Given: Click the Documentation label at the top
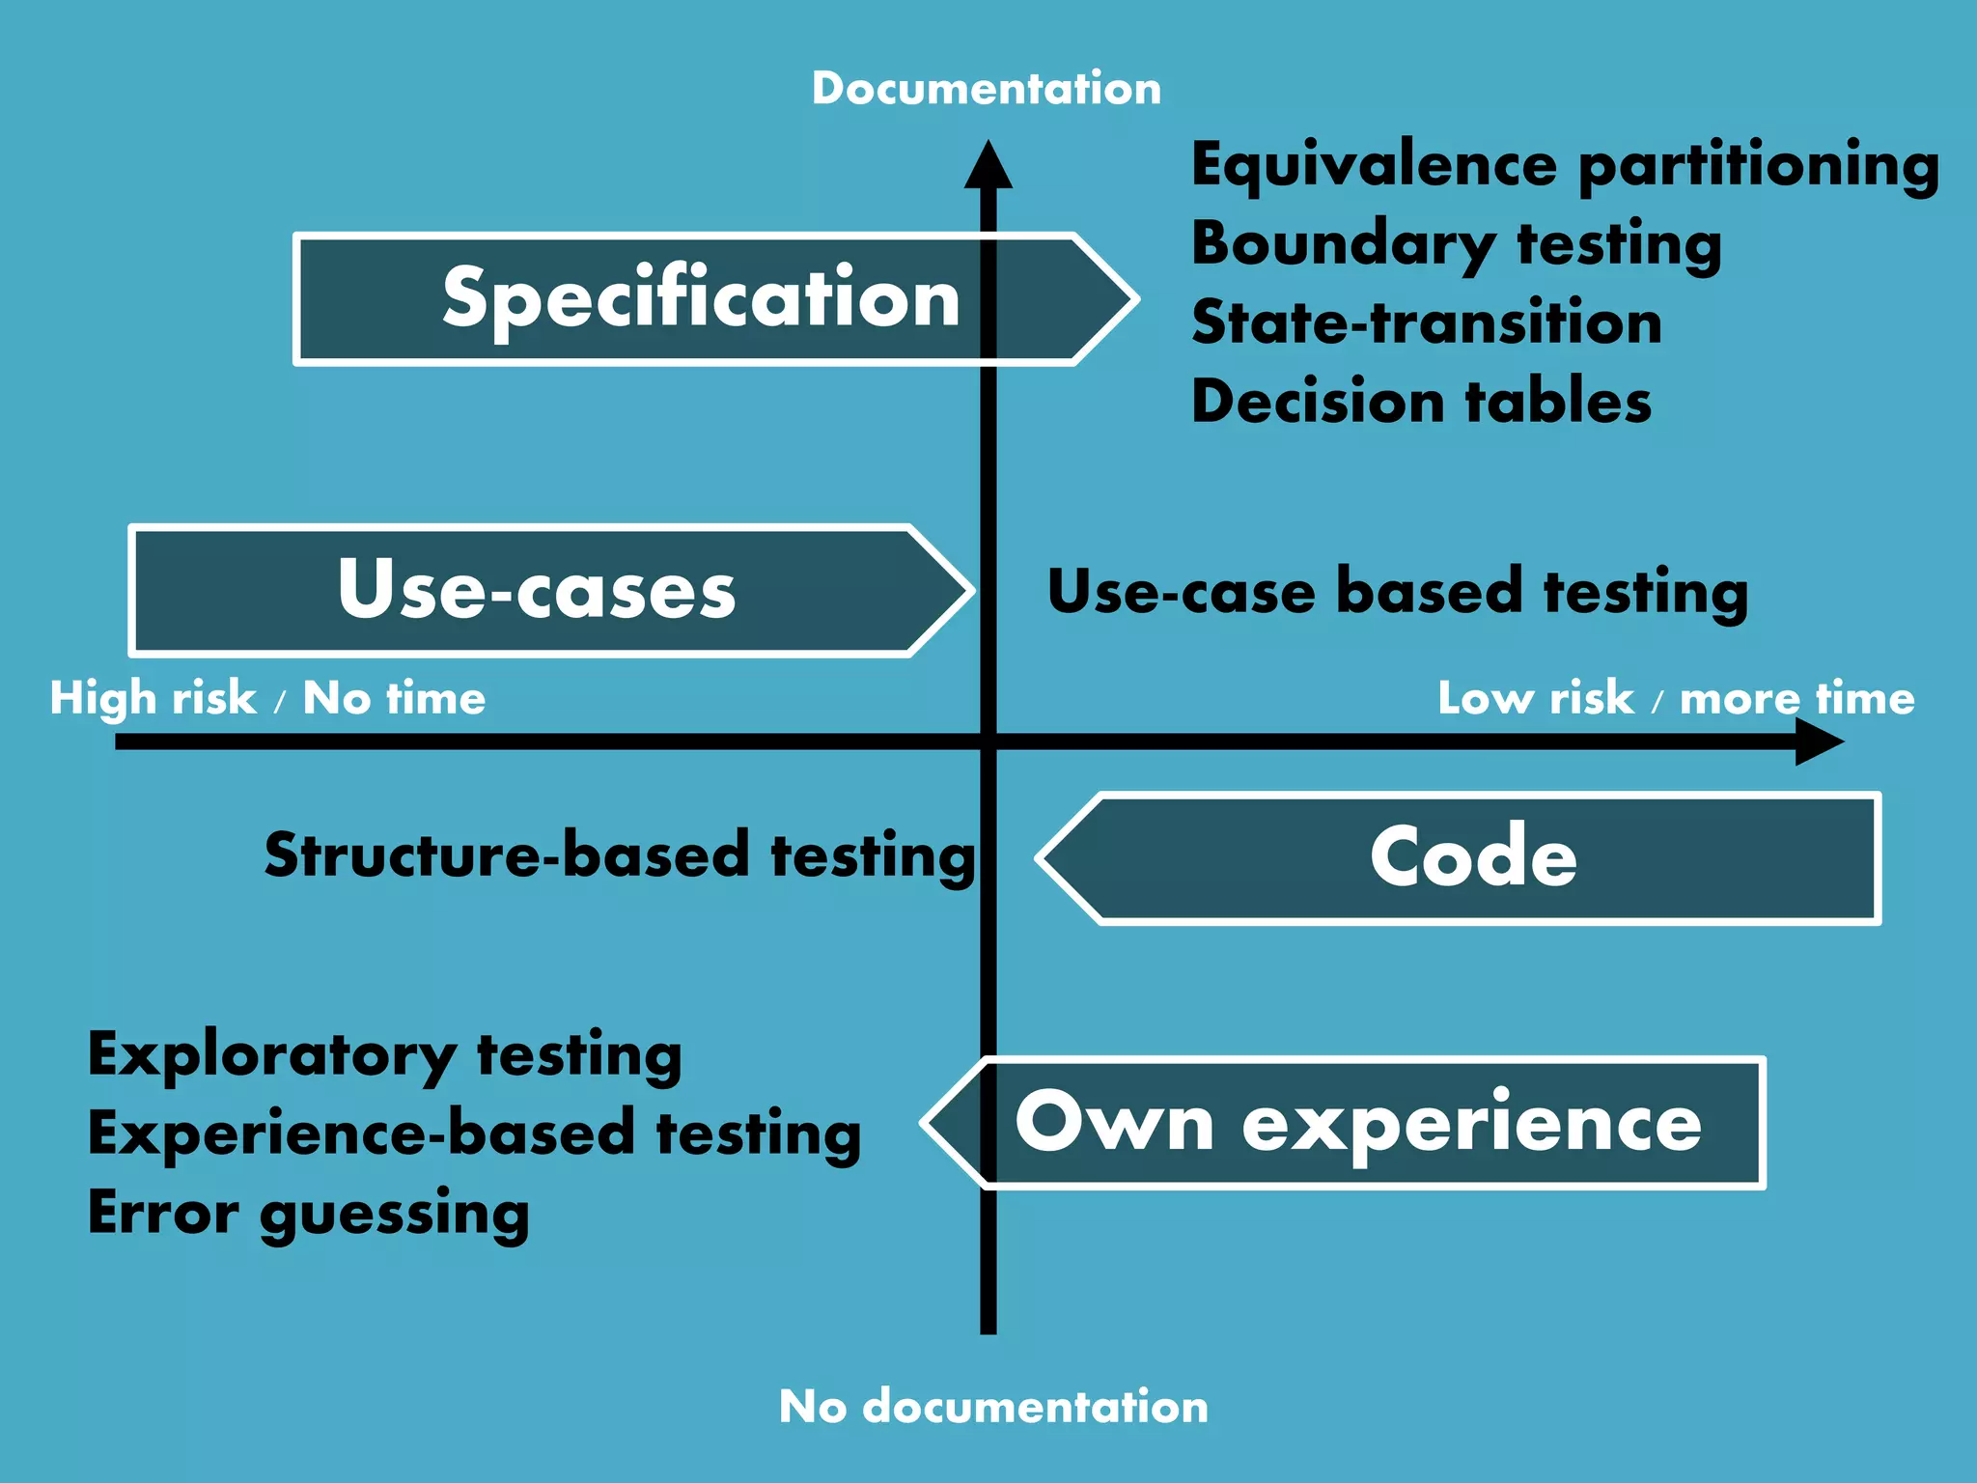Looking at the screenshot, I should (x=986, y=89).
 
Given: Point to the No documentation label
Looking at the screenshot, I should (x=993, y=1407).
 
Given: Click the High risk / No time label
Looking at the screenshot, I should (x=267, y=698).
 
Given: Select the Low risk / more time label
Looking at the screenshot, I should (x=1676, y=698).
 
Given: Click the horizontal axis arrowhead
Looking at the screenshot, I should (x=1819, y=742).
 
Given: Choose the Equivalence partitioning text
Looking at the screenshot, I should (x=1564, y=165).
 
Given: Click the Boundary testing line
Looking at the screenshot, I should (x=1456, y=244).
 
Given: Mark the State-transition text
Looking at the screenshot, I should (x=1426, y=322).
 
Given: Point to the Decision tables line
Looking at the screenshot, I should (x=1421, y=402).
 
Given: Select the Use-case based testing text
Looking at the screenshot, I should (x=1397, y=591).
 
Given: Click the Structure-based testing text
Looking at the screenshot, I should (x=620, y=855).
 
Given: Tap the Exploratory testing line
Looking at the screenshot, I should (x=384, y=1054).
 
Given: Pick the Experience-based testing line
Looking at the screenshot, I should (x=474, y=1133).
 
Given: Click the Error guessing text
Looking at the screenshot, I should (x=308, y=1213).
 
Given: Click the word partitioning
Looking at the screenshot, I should (x=1758, y=165).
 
